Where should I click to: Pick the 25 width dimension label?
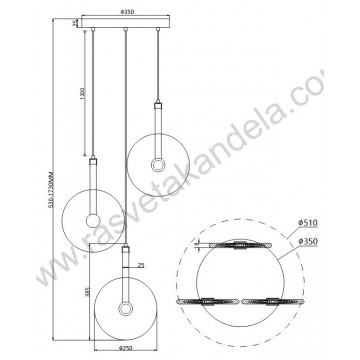click(x=143, y=265)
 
